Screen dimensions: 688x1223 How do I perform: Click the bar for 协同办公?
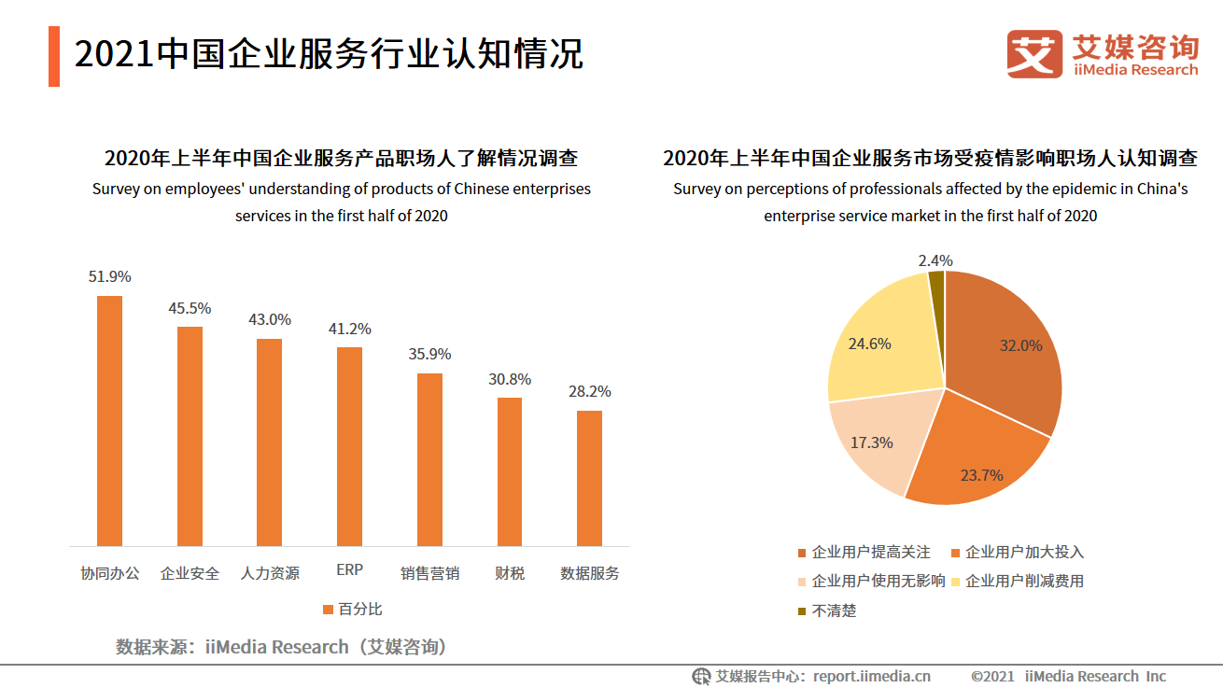coord(110,420)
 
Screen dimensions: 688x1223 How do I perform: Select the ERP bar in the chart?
coord(349,446)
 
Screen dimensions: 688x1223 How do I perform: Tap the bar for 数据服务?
coord(589,478)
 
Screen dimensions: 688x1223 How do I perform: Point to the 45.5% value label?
coord(190,308)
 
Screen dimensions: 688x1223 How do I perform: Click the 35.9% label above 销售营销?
coord(429,355)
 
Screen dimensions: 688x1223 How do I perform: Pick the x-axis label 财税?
coord(510,573)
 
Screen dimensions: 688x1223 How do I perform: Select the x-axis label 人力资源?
coord(270,573)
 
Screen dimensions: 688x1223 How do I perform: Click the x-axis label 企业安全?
coord(190,573)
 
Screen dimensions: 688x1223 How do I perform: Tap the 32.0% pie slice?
coord(1004,355)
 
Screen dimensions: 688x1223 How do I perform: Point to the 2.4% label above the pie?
coord(935,261)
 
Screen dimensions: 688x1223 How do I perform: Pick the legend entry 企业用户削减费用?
coord(1023,582)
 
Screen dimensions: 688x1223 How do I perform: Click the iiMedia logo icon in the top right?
coord(1034,54)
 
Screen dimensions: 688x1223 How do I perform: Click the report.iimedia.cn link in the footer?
coord(871,677)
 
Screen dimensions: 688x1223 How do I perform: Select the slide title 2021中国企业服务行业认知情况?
coord(329,54)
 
